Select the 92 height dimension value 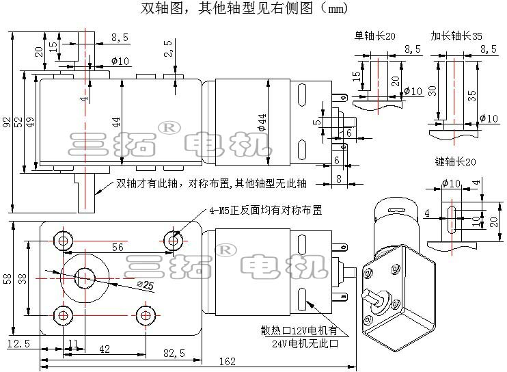(x=6, y=122)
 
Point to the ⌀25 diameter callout (x=144, y=284)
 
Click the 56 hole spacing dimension (x=118, y=248)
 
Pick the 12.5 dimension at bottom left (x=18, y=343)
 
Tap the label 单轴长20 (x=374, y=36)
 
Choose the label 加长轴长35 (x=456, y=36)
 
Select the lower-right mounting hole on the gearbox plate (x=144, y=315)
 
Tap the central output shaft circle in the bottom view (x=85, y=276)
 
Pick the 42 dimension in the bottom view (x=105, y=349)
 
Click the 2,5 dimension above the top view (x=168, y=48)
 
